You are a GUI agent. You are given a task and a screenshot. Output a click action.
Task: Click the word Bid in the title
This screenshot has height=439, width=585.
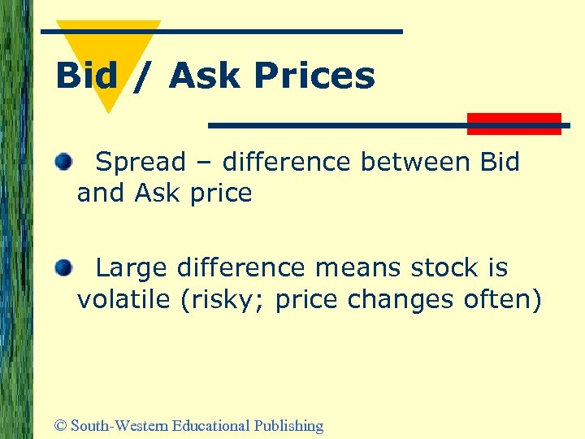pyautogui.click(x=86, y=76)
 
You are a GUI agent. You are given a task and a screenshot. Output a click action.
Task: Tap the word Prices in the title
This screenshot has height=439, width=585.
pyautogui.click(x=314, y=76)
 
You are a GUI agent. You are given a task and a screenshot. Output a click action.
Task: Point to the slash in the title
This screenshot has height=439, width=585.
pyautogui.click(x=143, y=76)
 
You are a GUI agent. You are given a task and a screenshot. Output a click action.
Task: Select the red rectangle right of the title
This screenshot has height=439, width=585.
pyautogui.click(x=514, y=124)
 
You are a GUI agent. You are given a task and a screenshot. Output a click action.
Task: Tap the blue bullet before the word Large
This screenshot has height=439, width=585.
pyautogui.click(x=63, y=267)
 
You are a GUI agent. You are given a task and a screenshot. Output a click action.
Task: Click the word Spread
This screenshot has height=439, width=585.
pyautogui.click(x=141, y=163)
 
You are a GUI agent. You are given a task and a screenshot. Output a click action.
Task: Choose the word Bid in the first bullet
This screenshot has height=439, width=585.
pyautogui.click(x=500, y=162)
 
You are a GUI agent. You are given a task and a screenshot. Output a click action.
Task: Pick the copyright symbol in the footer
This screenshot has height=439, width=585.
pyautogui.click(x=59, y=425)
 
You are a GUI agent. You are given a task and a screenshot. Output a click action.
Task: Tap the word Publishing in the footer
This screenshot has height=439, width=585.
pyautogui.click(x=288, y=425)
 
